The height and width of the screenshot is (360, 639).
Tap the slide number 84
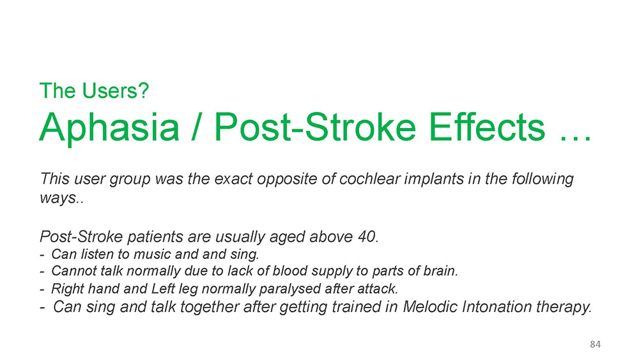595,344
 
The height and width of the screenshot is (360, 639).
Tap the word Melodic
430,306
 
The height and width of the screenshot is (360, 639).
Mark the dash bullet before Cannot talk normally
42,272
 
